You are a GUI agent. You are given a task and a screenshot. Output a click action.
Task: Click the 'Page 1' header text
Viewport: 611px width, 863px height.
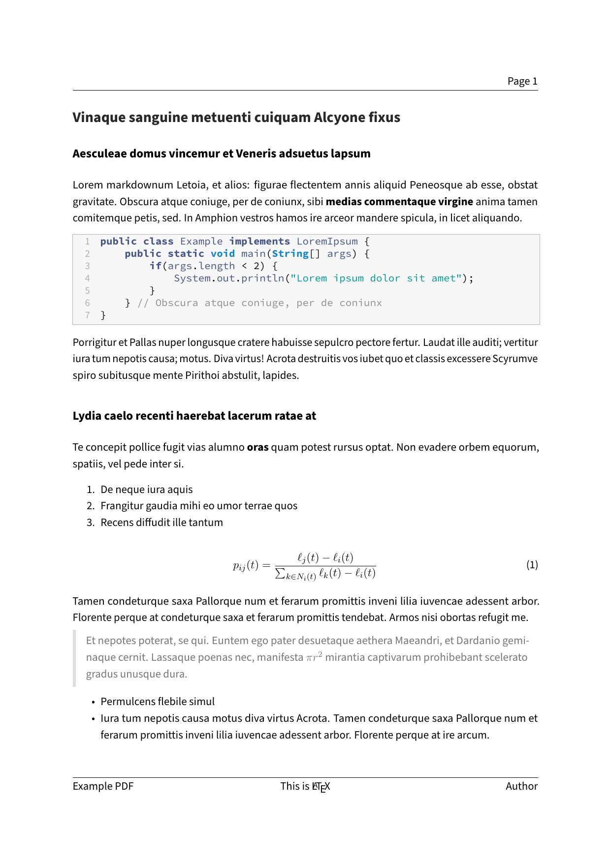point(522,81)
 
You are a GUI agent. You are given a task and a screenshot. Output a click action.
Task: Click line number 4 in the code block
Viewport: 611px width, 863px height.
point(88,278)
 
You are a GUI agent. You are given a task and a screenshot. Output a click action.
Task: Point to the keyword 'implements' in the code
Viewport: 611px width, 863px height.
point(259,242)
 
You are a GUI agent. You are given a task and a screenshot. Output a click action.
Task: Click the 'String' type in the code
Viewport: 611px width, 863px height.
point(290,254)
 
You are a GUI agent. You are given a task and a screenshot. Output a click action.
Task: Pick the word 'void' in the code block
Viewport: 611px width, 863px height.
point(223,254)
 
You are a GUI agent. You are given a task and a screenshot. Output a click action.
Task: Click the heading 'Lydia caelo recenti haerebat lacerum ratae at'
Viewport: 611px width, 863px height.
point(194,416)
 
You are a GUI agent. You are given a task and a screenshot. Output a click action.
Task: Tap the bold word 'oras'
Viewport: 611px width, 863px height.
point(257,447)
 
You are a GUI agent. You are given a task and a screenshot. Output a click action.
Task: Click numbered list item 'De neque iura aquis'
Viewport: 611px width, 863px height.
point(146,490)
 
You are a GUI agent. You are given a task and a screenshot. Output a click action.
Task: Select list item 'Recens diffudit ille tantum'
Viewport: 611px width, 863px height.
point(161,523)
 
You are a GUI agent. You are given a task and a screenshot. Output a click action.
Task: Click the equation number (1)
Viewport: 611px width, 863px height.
point(532,565)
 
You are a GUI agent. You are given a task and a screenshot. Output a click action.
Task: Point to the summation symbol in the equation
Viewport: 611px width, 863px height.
point(280,573)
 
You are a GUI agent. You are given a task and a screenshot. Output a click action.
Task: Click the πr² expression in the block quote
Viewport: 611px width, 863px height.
point(314,657)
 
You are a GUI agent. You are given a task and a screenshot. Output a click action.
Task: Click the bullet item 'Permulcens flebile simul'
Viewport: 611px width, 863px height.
point(158,702)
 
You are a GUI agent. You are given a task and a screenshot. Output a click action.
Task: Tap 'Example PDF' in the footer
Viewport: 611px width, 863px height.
point(103,786)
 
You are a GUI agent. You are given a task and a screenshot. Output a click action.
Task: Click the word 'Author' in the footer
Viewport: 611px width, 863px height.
point(521,786)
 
